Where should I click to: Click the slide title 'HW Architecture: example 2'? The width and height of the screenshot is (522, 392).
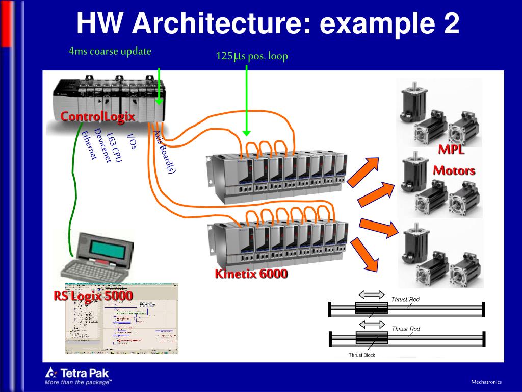pyautogui.click(x=268, y=24)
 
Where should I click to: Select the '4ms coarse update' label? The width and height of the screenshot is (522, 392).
pyautogui.click(x=110, y=52)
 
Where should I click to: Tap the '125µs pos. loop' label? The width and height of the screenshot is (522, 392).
pyautogui.click(x=252, y=56)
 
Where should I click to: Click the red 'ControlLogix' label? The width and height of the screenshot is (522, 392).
pyautogui.click(x=97, y=116)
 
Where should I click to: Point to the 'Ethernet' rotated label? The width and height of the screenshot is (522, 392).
pyautogui.click(x=89, y=145)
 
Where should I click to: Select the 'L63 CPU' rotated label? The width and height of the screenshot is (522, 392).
pyautogui.click(x=114, y=148)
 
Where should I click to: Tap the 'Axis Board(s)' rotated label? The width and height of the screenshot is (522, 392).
pyautogui.click(x=165, y=152)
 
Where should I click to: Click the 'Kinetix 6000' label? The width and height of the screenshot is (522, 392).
pyautogui.click(x=251, y=274)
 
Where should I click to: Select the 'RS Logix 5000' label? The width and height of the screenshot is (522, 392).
pyautogui.click(x=93, y=296)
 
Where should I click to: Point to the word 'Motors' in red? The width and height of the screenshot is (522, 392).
pyautogui.click(x=454, y=170)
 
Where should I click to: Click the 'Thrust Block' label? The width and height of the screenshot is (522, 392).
pyautogui.click(x=361, y=355)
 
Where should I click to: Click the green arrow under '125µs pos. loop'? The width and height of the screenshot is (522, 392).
pyautogui.click(x=246, y=100)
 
